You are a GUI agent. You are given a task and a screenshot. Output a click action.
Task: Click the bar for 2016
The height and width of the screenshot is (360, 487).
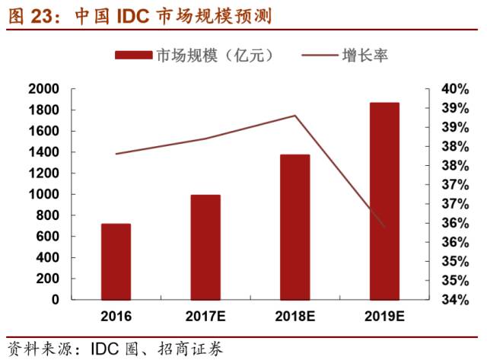click(116, 261)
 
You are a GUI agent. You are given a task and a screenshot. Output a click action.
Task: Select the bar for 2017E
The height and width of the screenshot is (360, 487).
click(205, 247)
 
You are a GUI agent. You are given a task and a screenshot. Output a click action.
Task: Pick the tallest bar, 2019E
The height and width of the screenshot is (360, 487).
click(384, 201)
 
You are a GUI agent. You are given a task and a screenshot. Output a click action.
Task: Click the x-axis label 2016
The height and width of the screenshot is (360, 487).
click(116, 315)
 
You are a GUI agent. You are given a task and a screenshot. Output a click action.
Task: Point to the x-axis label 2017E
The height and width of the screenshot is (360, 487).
click(205, 315)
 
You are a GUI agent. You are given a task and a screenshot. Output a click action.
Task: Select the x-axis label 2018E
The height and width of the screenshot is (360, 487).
click(295, 315)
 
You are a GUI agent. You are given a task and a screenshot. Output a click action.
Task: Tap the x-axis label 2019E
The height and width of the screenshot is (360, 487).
click(384, 315)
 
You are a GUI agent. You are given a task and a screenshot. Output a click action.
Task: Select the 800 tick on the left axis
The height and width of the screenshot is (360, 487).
click(47, 215)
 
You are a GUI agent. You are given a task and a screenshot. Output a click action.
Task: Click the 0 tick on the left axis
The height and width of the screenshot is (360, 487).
click(55, 300)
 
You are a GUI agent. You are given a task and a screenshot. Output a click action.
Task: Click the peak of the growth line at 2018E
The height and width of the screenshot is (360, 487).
click(295, 116)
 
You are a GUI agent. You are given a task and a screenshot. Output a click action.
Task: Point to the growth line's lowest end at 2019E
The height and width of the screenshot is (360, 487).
click(384, 227)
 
